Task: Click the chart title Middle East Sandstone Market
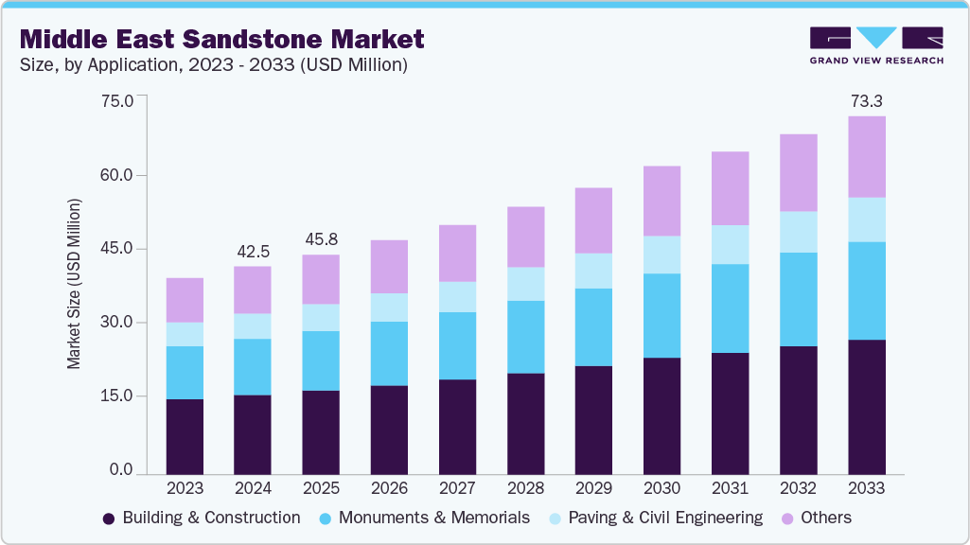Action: [222, 39]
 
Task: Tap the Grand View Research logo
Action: [876, 45]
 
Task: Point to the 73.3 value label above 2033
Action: [866, 100]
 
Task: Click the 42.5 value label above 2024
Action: [253, 251]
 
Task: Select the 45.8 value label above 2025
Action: [321, 239]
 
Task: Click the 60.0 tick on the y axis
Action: [119, 175]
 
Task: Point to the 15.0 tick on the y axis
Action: [119, 396]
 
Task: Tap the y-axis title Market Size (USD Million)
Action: [74, 284]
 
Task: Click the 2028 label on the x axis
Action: [525, 488]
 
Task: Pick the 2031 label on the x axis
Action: [730, 488]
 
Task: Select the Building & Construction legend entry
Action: [202, 518]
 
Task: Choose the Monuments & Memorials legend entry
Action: [424, 518]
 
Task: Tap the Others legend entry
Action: [815, 518]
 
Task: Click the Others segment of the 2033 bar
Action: [866, 157]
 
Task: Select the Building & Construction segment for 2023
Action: [185, 436]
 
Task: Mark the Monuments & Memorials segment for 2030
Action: [661, 316]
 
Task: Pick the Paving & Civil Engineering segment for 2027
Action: [457, 297]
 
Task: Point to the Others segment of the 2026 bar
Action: [389, 267]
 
